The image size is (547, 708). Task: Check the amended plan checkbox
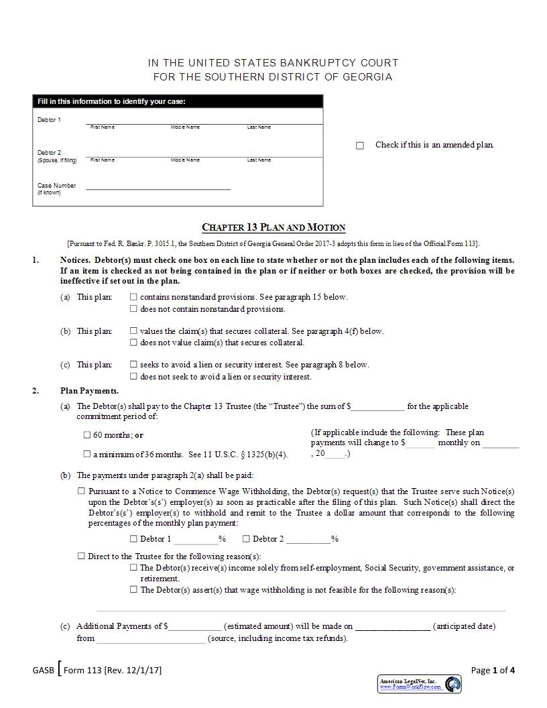[x=360, y=145]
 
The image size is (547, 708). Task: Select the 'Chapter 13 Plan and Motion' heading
[x=273, y=227]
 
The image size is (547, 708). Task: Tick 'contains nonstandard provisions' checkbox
[x=134, y=296]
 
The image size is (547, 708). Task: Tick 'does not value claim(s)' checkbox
[x=134, y=343]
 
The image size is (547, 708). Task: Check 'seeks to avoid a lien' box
[x=134, y=365]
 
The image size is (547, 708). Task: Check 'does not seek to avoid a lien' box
[x=134, y=377]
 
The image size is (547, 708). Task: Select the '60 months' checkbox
[x=87, y=435]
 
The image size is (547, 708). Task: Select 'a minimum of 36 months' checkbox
[x=87, y=454]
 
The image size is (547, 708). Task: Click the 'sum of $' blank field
[x=378, y=406]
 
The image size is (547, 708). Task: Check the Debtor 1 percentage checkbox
[x=134, y=538]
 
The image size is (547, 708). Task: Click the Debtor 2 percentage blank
[x=308, y=538]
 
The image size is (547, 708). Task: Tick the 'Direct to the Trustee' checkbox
[x=82, y=556]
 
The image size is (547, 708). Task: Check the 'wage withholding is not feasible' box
[x=134, y=590]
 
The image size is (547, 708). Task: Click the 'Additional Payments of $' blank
[x=195, y=626]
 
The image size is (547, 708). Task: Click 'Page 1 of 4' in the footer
[x=493, y=670]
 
